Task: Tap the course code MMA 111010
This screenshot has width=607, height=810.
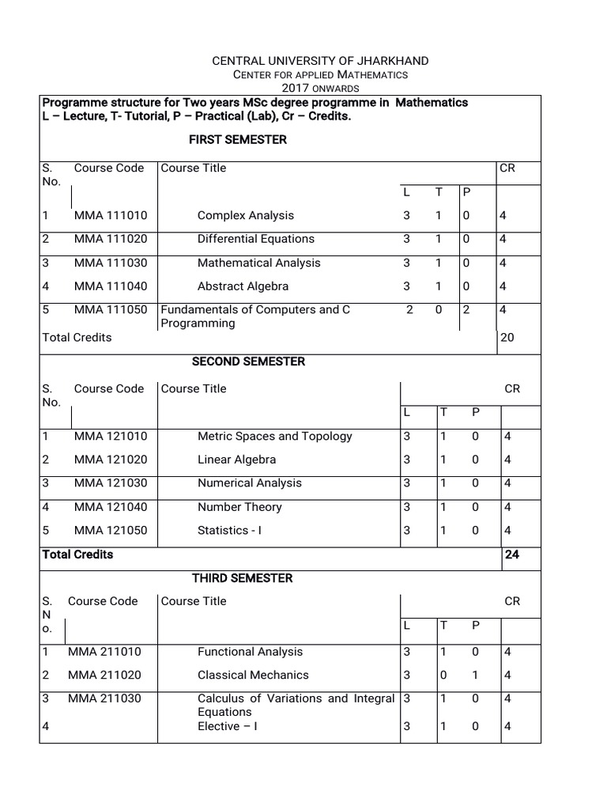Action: [111, 215]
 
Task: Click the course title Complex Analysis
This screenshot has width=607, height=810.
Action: [245, 215]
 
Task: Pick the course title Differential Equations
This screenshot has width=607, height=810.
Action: [255, 239]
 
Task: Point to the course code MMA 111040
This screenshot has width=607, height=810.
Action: [111, 286]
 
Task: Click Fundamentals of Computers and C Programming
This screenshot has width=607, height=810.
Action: [254, 316]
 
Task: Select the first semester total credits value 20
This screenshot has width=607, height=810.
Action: [507, 338]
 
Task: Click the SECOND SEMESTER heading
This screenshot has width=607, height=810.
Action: [248, 361]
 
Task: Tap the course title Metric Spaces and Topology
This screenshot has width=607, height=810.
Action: [274, 436]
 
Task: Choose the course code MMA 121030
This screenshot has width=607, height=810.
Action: [111, 483]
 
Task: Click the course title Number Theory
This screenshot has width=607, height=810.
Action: [239, 507]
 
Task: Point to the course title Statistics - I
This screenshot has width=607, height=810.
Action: [229, 531]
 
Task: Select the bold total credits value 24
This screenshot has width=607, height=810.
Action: [511, 555]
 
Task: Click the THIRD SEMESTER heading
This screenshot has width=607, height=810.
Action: [242, 578]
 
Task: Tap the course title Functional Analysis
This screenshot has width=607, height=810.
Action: [250, 652]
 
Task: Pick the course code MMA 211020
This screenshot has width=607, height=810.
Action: [104, 675]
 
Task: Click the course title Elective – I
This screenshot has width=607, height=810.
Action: [228, 726]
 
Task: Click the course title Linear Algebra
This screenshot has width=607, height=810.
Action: [236, 460]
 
